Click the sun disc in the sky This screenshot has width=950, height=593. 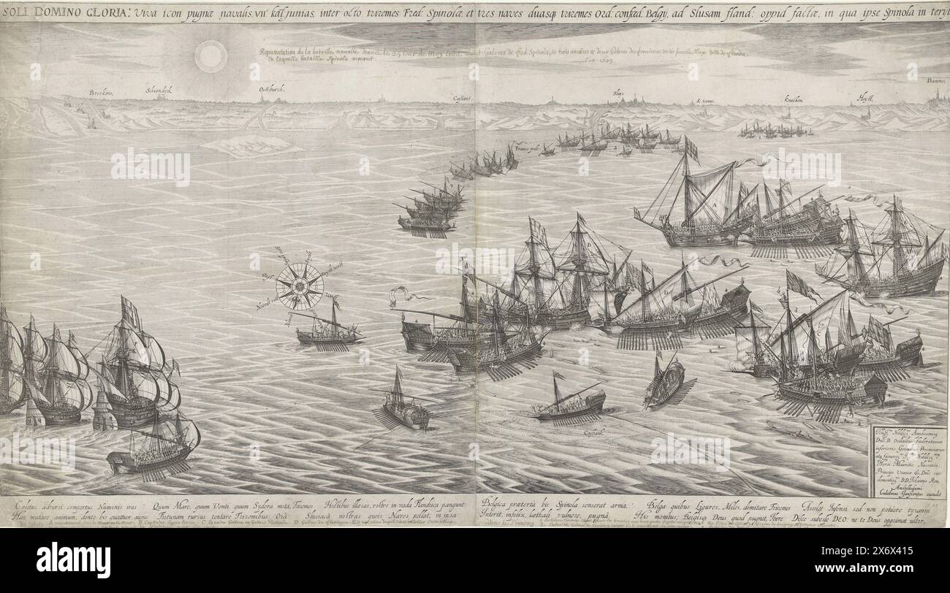[211, 56]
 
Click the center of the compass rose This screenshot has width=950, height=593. [300, 286]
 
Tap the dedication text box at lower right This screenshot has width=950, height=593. [908, 462]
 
